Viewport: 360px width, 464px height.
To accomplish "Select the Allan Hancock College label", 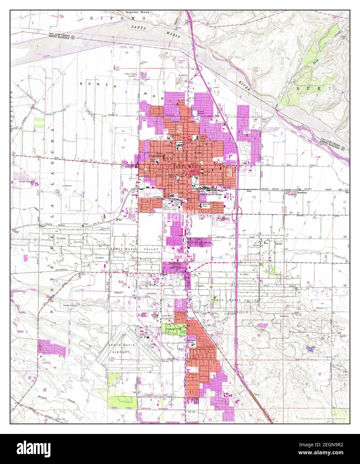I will pos(211,194).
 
